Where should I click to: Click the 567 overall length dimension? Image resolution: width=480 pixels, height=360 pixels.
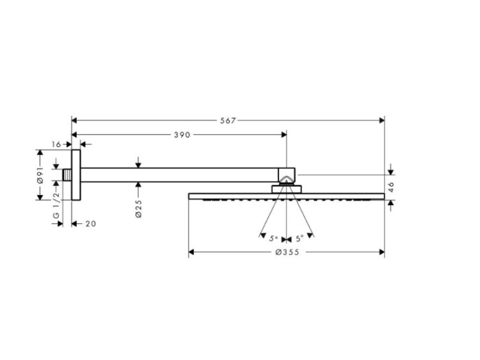[x=228, y=120]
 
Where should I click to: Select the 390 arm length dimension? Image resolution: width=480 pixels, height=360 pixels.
[x=182, y=134]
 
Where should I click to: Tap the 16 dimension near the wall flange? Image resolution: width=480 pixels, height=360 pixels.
[x=56, y=145]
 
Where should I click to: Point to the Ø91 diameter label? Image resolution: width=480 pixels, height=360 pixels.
[x=40, y=175]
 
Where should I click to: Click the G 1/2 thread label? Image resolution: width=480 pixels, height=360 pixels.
[x=56, y=205]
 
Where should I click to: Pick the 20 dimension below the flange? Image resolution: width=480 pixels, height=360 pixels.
[x=91, y=224]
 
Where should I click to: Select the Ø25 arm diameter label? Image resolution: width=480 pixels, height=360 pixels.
[x=138, y=208]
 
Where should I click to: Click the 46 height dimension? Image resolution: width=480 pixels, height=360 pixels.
[x=391, y=187]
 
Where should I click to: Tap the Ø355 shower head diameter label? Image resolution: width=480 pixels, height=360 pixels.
[x=287, y=252]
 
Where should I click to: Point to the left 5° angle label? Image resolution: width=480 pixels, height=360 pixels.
[x=273, y=239]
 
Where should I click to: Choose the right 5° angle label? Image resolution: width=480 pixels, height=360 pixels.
[x=300, y=239]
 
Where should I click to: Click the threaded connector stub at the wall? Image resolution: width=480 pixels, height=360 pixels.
[x=67, y=175]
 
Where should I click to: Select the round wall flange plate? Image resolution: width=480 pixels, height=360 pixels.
[x=76, y=175]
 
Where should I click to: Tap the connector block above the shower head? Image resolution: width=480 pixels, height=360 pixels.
[x=287, y=189]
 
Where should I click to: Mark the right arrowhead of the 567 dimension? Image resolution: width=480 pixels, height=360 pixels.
[x=381, y=120]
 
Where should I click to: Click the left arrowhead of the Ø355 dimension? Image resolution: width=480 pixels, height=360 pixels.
[x=191, y=252]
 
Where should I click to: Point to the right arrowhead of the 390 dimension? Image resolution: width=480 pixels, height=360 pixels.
[x=284, y=134]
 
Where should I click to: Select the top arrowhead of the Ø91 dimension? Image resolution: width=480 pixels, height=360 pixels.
[x=40, y=152]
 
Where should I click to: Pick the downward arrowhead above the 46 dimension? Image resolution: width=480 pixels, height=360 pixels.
[x=391, y=172]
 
